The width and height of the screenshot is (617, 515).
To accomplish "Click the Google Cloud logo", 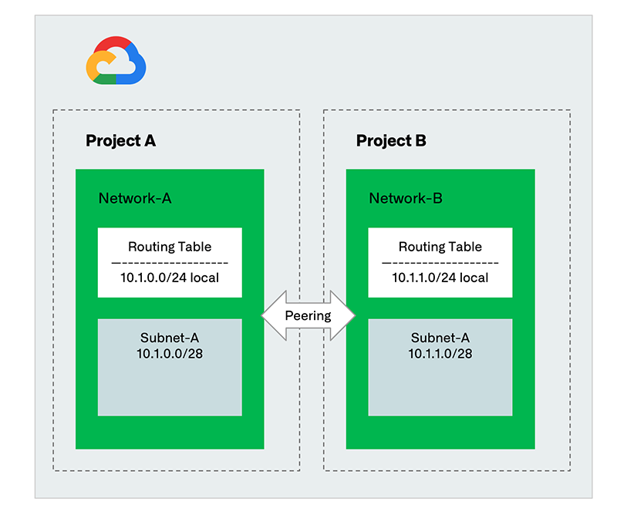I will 116,61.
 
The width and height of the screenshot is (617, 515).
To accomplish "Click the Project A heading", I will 120,141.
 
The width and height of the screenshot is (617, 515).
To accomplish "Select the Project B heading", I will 391,141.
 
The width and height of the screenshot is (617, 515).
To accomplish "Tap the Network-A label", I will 135,198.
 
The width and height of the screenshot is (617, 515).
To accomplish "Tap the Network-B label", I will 406,198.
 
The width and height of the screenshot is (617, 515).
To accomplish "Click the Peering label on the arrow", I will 308,315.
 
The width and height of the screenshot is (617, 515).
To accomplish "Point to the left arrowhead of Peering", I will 270,315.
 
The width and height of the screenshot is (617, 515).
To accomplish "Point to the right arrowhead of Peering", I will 346,315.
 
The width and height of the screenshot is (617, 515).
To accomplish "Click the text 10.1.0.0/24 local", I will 170,277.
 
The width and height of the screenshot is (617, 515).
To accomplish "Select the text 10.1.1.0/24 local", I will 440,277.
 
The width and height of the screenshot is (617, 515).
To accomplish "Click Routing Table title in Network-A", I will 170,247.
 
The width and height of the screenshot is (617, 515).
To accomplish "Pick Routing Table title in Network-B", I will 440,247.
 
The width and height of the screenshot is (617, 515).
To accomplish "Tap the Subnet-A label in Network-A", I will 170,338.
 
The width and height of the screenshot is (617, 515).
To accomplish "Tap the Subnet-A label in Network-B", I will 440,338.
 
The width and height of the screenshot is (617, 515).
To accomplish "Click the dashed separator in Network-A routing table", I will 170,262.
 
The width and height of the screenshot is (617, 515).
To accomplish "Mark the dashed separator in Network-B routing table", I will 440,262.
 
